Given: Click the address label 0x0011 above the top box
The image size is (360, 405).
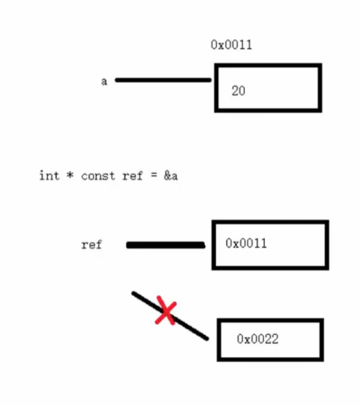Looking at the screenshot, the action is [x=231, y=45].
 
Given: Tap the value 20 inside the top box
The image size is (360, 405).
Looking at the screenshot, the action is [x=238, y=91].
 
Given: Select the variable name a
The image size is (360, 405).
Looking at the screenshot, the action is [x=104, y=81].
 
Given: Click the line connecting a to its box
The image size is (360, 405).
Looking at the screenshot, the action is [x=163, y=80].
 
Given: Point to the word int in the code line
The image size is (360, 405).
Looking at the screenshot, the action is [x=49, y=176].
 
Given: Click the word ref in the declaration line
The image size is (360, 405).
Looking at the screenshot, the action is [x=132, y=176].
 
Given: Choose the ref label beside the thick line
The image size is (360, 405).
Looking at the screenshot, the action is [x=91, y=244].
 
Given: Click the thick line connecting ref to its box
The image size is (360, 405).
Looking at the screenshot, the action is [x=166, y=245].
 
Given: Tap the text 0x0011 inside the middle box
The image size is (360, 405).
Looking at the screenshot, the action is [x=246, y=243].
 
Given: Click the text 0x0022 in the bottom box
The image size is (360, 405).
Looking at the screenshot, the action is [x=257, y=339].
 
